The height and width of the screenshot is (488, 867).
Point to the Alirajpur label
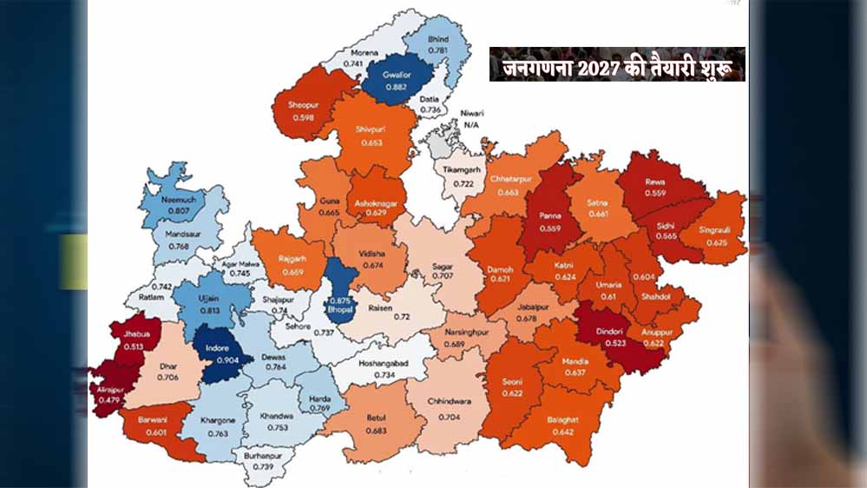[x=108, y=391]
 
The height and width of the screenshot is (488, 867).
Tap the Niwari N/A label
[x=472, y=119]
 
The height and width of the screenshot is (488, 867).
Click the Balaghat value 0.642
[x=562, y=431]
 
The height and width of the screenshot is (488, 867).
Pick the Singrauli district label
[x=720, y=230]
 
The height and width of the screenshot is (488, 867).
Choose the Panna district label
[x=550, y=216]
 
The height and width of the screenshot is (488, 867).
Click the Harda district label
[x=319, y=399]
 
